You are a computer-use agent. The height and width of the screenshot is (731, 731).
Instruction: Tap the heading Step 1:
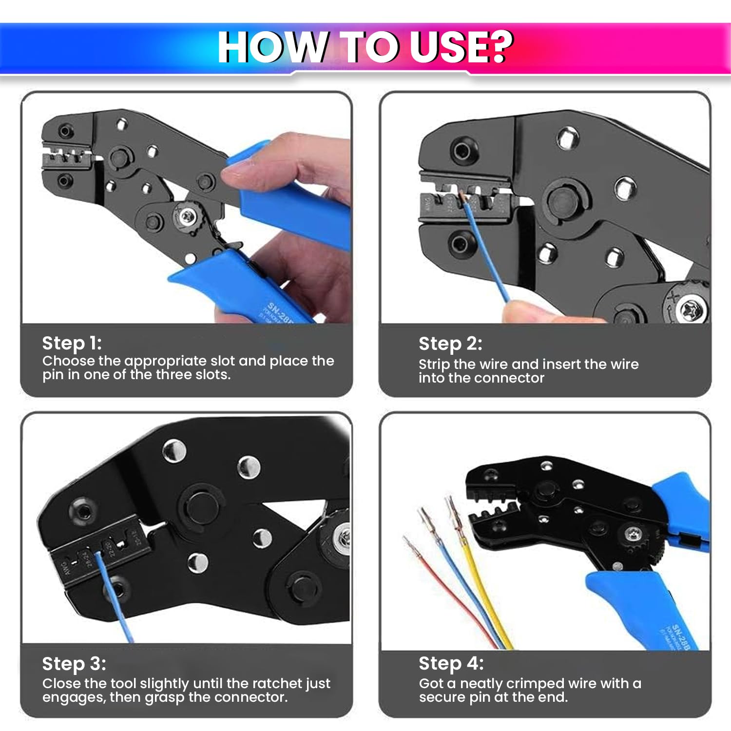tap(72, 343)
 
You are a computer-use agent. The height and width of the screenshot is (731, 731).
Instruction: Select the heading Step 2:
tap(450, 344)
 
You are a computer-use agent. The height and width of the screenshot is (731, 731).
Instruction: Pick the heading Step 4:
tap(451, 663)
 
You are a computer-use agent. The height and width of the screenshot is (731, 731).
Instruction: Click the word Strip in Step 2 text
tap(434, 364)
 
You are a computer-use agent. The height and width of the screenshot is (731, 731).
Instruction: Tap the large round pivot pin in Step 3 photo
tap(201, 507)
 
